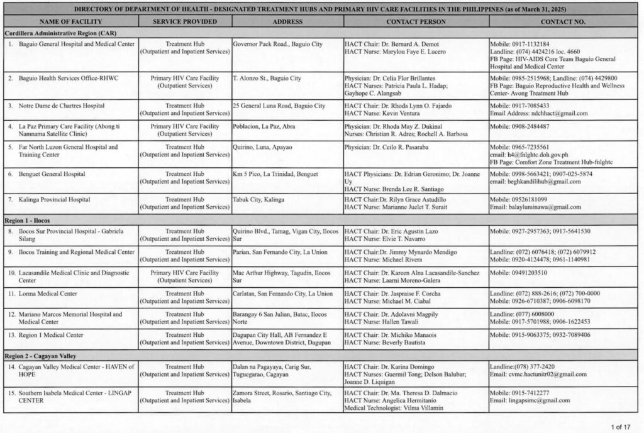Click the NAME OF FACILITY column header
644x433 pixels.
[70, 21]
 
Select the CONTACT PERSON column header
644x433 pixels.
[416, 21]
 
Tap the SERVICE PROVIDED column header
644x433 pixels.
[184, 21]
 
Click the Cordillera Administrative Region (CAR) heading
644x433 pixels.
[53, 32]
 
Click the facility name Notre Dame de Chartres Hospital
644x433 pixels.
[62, 106]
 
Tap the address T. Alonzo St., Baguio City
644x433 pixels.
[267, 79]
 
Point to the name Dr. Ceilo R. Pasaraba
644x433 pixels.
[403, 147]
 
